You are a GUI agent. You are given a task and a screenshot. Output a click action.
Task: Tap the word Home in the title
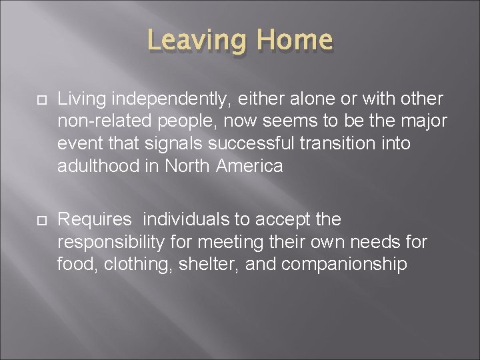pyautogui.click(x=294, y=40)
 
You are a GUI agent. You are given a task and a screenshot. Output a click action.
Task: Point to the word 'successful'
pyautogui.click(x=263, y=143)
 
